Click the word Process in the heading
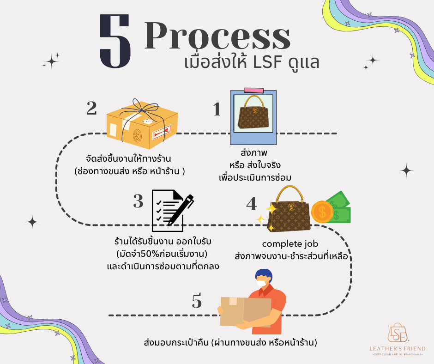coord(217,36)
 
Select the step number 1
coord(217,109)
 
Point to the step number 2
coord(91,108)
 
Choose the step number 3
coord(138,202)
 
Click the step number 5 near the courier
coord(197,302)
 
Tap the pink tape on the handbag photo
coord(253,90)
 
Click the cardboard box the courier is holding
coord(245,310)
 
